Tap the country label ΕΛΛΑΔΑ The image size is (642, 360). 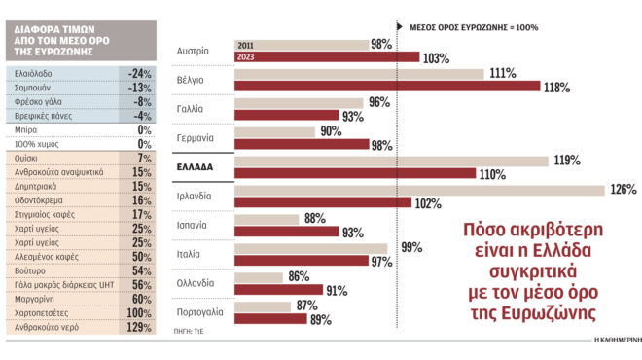(x=194, y=167)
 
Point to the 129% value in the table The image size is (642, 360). (x=137, y=328)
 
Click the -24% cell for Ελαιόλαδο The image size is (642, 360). (x=137, y=73)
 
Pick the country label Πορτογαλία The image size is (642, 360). (x=200, y=312)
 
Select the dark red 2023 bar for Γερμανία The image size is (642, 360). (x=301, y=144)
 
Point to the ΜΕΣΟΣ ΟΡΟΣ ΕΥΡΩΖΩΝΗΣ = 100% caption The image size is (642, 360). (x=472, y=26)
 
